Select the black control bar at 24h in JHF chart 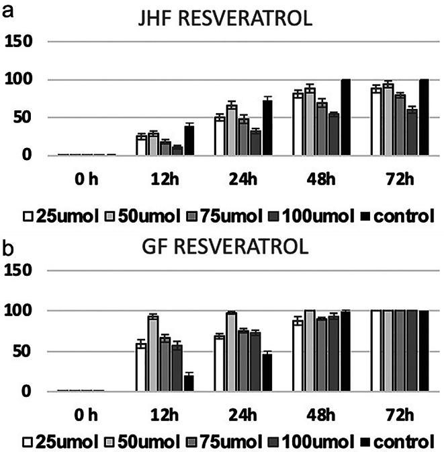267,128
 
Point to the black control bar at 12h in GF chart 189,383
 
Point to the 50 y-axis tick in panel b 26,351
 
